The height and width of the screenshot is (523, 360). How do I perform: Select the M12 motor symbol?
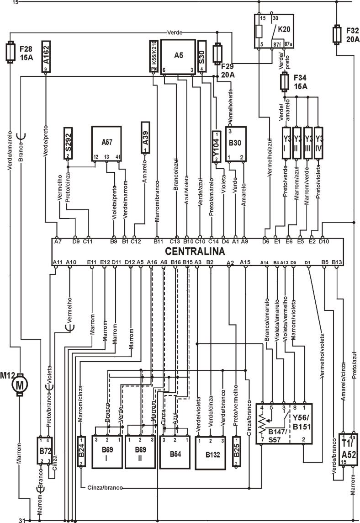[x=20, y=384]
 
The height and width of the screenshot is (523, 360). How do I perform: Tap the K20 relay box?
[x=274, y=31]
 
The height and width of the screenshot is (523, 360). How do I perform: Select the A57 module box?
[x=106, y=143]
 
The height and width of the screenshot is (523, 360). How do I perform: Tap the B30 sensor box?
[x=235, y=144]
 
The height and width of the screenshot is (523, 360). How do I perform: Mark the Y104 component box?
[x=217, y=146]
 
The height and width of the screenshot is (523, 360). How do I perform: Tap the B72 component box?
[x=45, y=451]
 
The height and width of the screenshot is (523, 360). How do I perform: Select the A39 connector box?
[x=146, y=139]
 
